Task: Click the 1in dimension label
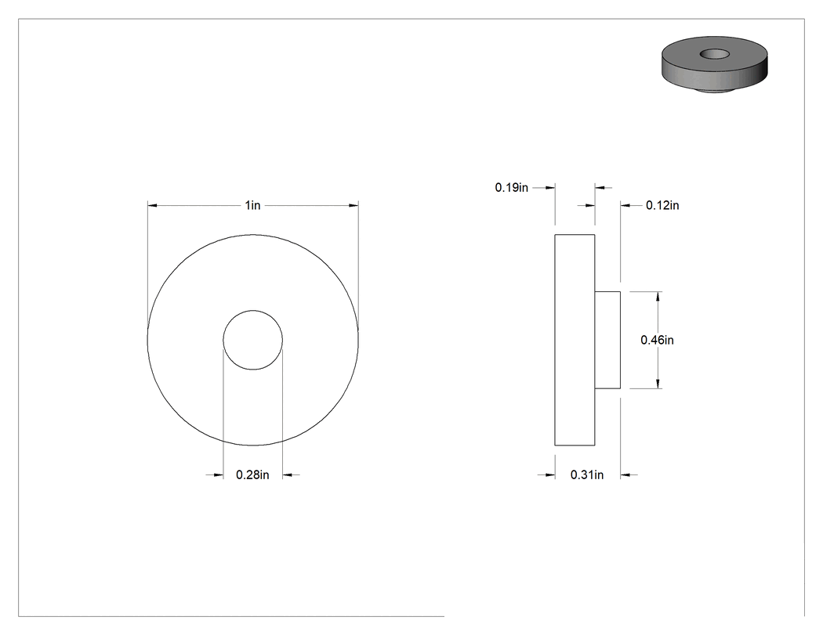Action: (x=252, y=205)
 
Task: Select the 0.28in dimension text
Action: (x=252, y=475)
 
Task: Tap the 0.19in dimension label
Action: (x=512, y=187)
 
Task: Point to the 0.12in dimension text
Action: (x=662, y=206)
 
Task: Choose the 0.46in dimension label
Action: (x=657, y=340)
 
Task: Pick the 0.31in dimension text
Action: (x=587, y=475)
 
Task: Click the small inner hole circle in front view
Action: (x=253, y=310)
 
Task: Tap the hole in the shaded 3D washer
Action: (x=715, y=53)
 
